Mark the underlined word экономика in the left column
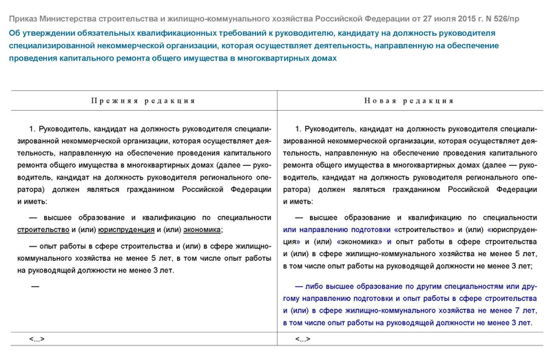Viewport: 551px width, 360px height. pos(200,230)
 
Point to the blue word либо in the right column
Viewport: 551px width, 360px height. pos(314,284)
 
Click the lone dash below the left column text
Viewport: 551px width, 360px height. pos(35,286)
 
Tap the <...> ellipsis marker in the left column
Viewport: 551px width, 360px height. pos(37,339)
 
